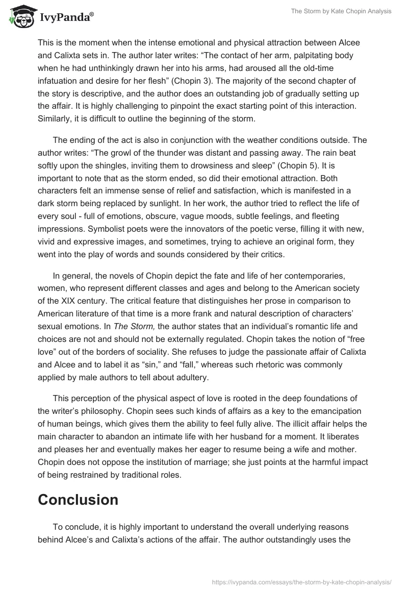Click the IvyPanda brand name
point(65,17)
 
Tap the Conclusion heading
point(78,500)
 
